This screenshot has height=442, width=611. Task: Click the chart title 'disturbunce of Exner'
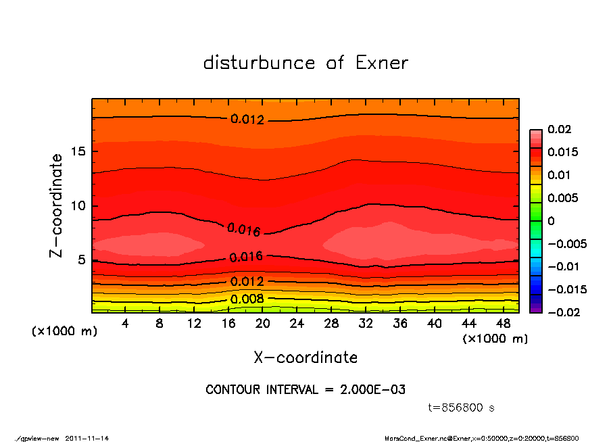coord(305,63)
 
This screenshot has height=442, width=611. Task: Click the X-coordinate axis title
coord(305,357)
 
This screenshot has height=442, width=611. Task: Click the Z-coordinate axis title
coord(57,205)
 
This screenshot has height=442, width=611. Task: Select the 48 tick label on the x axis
coord(504,324)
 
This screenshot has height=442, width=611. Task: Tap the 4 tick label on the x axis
coord(125,324)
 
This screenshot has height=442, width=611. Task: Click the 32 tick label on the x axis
coord(366,324)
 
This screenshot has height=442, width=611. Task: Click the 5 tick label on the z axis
coord(82,260)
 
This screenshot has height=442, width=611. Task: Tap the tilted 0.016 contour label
coord(244,230)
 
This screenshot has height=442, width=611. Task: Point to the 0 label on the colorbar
coord(551,221)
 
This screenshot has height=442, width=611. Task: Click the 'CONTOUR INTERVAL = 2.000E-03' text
coord(305,390)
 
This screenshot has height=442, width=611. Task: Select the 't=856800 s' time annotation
coord(462,408)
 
